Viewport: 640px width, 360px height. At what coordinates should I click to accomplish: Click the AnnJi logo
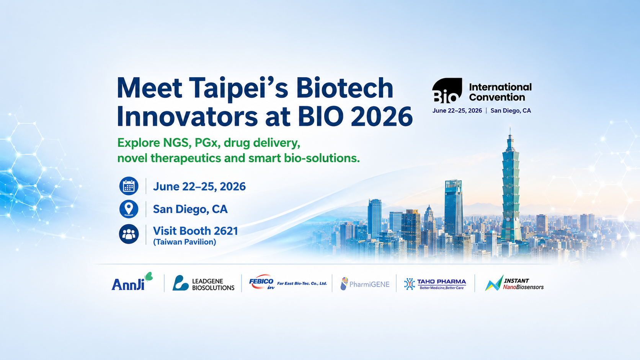pos(132,282)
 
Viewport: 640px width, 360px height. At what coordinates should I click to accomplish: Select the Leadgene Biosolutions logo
pos(203,283)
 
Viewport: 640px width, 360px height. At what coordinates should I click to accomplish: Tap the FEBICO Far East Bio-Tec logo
pos(288,283)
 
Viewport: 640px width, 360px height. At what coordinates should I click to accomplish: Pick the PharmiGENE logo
pos(365,284)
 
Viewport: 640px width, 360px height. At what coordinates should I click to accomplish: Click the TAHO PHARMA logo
pos(435,284)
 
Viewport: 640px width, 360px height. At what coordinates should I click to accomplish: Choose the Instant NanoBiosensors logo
pos(514,283)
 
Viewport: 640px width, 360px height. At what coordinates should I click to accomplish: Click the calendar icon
pos(129,186)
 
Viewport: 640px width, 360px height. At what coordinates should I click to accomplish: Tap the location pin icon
pos(129,209)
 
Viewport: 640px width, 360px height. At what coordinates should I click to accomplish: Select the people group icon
pos(129,234)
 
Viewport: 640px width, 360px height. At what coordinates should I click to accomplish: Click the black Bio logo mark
pos(447,90)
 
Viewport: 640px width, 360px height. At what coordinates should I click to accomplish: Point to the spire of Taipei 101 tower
pos(510,135)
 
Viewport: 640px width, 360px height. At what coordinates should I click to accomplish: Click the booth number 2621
pos(226,231)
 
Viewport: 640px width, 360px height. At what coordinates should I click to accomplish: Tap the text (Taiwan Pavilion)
pos(184,242)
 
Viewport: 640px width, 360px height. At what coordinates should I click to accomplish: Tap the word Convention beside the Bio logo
pos(497,97)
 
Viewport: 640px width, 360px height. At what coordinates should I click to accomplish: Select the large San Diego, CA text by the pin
pos(190,209)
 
